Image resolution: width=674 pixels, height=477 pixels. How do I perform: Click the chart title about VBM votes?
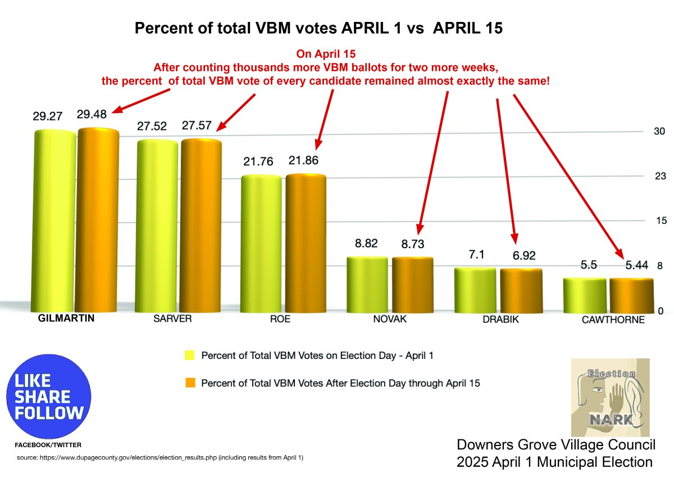click(x=318, y=29)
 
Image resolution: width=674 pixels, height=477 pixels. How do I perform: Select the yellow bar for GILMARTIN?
click(x=55, y=219)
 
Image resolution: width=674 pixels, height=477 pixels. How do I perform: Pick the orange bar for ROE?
click(x=306, y=242)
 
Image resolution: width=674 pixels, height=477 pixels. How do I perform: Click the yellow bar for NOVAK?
click(x=367, y=284)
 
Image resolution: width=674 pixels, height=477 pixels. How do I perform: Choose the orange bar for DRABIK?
click(x=521, y=290)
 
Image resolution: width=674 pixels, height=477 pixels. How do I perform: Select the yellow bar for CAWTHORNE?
click(x=585, y=295)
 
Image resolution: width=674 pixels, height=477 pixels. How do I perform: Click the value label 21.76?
click(x=258, y=161)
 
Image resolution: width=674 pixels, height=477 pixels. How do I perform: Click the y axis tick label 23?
click(x=660, y=177)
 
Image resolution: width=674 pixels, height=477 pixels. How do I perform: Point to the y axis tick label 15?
click(x=660, y=220)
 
